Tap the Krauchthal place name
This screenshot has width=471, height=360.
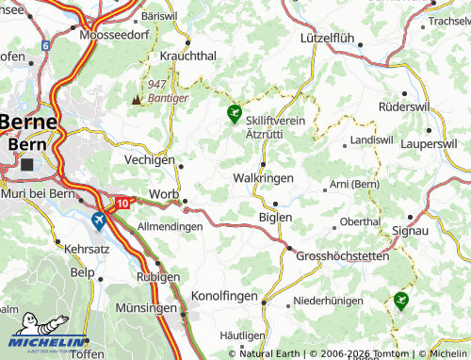pyautogui.click(x=189, y=56)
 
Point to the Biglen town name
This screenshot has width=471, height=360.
pyautogui.click(x=275, y=217)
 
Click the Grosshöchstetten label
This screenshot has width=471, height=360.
pyautogui.click(x=341, y=255)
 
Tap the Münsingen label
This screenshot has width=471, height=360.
pyautogui.click(x=146, y=308)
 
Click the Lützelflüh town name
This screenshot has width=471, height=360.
pyautogui.click(x=333, y=39)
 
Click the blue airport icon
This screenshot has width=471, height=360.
pyautogui.click(x=99, y=220)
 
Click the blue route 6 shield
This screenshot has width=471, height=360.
pyautogui.click(x=44, y=44)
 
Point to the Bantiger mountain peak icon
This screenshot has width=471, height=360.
pyautogui.click(x=138, y=98)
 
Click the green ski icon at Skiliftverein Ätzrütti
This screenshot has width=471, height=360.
pyautogui.click(x=234, y=115)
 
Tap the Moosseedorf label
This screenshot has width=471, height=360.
pyautogui.click(x=116, y=35)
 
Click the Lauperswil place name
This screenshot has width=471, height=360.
pyautogui.click(x=429, y=144)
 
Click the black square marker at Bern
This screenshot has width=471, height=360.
pyautogui.click(x=26, y=164)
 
